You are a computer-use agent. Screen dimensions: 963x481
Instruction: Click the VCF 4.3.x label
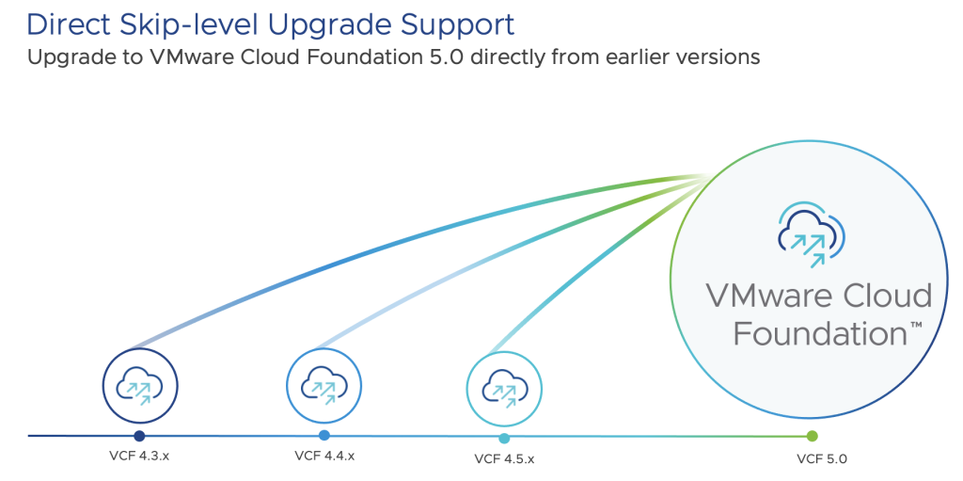pyautogui.click(x=139, y=457)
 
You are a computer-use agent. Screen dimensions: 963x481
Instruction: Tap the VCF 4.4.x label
pyautogui.click(x=324, y=456)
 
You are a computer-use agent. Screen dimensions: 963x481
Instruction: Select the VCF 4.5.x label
pyautogui.click(x=504, y=458)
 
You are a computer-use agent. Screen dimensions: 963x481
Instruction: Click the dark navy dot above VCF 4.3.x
pyautogui.click(x=139, y=436)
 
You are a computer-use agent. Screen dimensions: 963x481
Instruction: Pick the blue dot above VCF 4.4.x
pyautogui.click(x=324, y=436)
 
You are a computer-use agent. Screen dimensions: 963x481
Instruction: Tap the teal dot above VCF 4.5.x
pyautogui.click(x=504, y=439)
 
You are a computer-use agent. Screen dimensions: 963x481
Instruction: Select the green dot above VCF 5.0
pyautogui.click(x=812, y=436)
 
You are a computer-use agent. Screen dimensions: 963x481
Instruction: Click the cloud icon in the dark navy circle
pyautogui.click(x=139, y=386)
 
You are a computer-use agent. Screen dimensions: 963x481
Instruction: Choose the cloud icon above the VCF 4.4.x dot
pyautogui.click(x=324, y=386)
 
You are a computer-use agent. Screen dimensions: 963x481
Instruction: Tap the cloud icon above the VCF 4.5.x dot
pyautogui.click(x=504, y=390)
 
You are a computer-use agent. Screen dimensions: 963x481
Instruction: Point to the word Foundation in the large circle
pyautogui.click(x=819, y=334)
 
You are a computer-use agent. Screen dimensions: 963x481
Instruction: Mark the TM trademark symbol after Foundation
pyautogui.click(x=915, y=324)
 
